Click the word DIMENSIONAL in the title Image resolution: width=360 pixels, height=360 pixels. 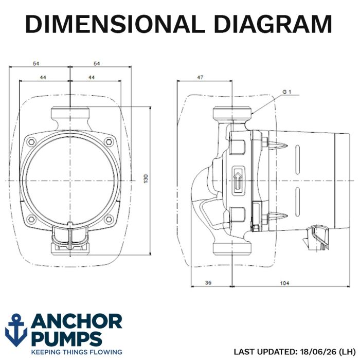click(x=115, y=24)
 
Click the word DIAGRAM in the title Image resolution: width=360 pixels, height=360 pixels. click(x=273, y=24)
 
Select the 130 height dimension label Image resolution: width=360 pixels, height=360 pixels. click(x=146, y=178)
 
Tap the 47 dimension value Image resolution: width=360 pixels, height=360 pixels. click(x=200, y=77)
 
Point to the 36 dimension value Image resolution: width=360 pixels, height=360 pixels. click(x=208, y=282)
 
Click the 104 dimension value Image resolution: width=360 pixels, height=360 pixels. click(x=284, y=283)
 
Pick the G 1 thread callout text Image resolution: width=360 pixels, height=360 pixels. click(x=286, y=92)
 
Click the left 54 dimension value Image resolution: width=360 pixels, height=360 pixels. click(x=36, y=63)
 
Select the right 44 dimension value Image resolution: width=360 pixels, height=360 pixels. click(x=92, y=77)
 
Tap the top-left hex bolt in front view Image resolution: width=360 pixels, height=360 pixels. click(x=31, y=141)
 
